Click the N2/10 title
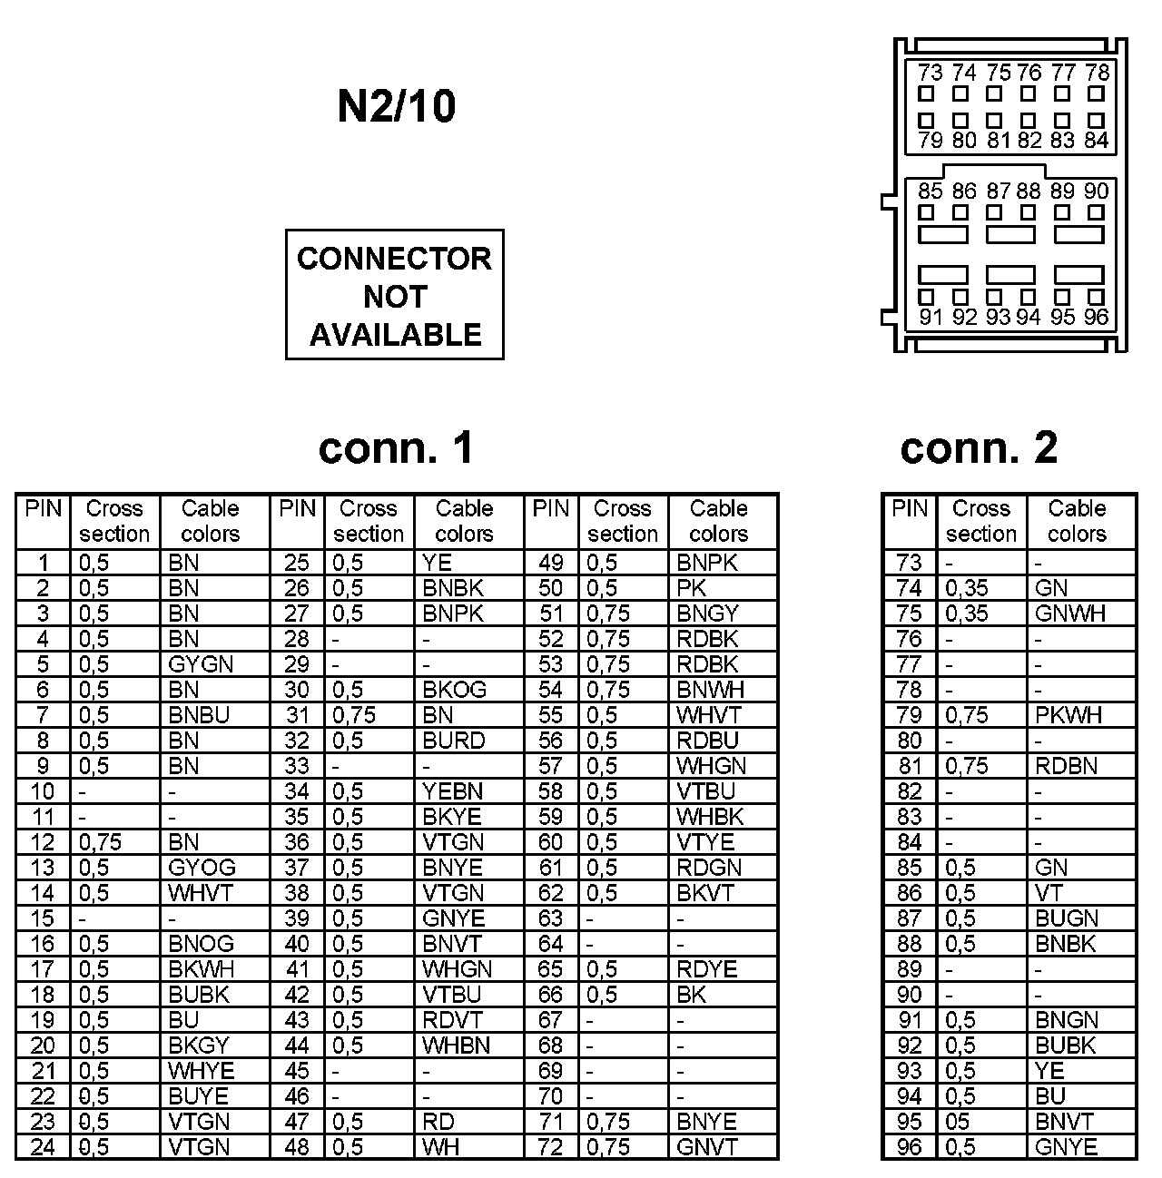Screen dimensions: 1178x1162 [x=396, y=106]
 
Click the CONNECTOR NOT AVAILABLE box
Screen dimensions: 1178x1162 [x=394, y=295]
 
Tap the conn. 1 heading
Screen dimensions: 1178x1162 [x=396, y=447]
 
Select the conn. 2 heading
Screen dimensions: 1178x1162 [x=979, y=447]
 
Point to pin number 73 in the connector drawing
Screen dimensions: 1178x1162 [x=929, y=73]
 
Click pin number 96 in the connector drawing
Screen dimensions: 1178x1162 [x=1096, y=317]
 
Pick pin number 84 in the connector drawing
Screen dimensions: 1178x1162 [x=1097, y=141]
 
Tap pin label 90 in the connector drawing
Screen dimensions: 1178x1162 [x=1097, y=191]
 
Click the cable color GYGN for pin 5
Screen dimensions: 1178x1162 [x=201, y=664]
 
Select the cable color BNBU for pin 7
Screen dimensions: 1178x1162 [x=199, y=715]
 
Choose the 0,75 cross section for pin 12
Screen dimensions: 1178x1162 [x=100, y=842]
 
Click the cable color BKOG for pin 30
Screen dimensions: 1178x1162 [x=454, y=690]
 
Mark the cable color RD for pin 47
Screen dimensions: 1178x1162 [x=438, y=1122]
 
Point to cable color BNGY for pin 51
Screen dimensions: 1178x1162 [x=707, y=614]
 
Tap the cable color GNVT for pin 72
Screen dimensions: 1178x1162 [x=706, y=1147]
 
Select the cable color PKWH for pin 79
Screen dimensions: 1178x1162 [x=1068, y=715]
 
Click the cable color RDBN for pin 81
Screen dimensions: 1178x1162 [x=1066, y=766]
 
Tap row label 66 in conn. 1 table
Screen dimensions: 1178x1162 [x=550, y=995]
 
